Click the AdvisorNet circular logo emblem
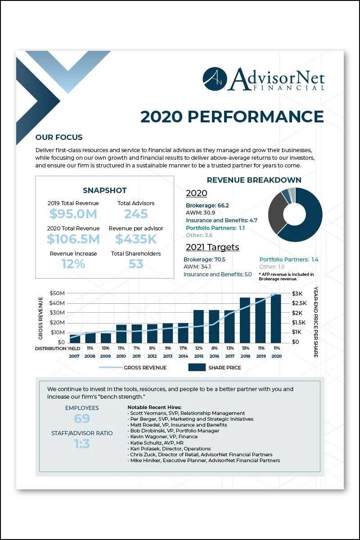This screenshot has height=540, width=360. (215, 79)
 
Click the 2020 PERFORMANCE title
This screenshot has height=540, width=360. (232, 117)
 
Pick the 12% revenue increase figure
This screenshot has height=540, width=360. (73, 264)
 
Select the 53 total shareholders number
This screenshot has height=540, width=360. (136, 264)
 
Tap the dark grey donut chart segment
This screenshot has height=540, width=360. (275, 211)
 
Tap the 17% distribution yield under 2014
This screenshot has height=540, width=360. (183, 348)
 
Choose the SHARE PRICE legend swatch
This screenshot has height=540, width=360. (196, 368)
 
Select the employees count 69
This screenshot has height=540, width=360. (82, 418)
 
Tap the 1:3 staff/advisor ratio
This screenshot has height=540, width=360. (82, 444)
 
